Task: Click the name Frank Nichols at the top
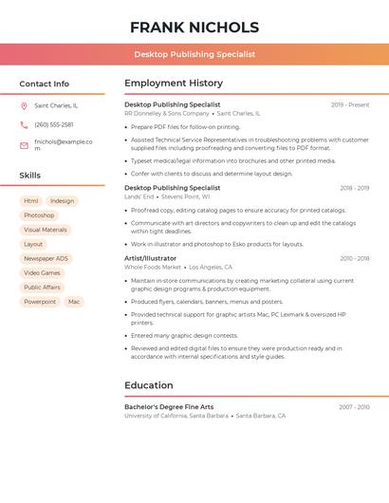(x=194, y=28)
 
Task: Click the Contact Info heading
(x=44, y=84)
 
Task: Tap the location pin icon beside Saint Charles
(x=24, y=105)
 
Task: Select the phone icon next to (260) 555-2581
(x=24, y=125)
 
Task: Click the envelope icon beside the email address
(x=24, y=145)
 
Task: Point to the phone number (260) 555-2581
(x=53, y=125)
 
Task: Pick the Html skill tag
(x=31, y=201)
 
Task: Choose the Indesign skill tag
(x=62, y=201)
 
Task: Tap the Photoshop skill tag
(x=39, y=215)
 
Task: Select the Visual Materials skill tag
(x=46, y=230)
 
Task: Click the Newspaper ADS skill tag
(x=46, y=258)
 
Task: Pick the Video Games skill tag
(x=42, y=272)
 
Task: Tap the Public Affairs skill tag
(x=42, y=287)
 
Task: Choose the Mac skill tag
(x=74, y=302)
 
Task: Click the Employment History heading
(x=174, y=84)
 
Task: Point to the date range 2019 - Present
(x=350, y=104)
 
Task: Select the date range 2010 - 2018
(x=354, y=258)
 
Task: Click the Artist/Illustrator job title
(x=150, y=258)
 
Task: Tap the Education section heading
(x=149, y=385)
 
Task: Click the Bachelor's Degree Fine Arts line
(x=169, y=407)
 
